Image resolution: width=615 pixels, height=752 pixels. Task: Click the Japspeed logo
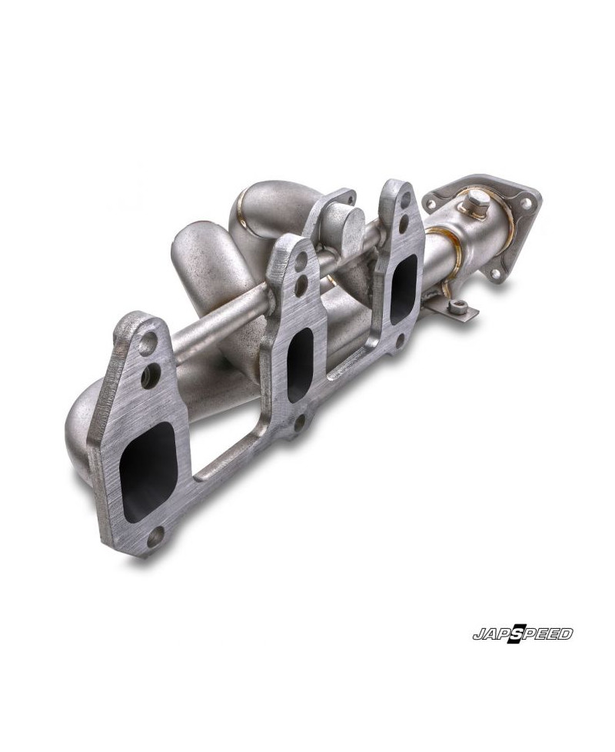click(523, 634)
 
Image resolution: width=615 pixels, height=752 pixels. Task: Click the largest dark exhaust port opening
click(148, 472)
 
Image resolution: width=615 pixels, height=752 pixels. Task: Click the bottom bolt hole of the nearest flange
click(155, 538)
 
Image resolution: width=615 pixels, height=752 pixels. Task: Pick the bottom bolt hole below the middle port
click(301, 423)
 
